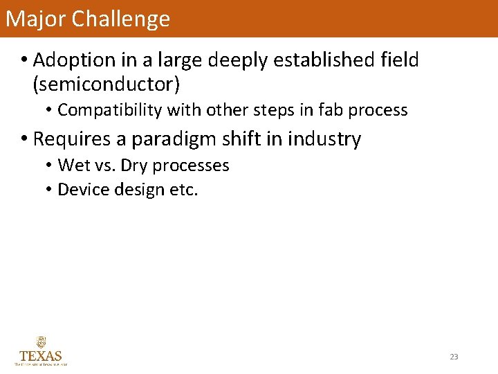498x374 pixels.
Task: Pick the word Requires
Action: pos(72,139)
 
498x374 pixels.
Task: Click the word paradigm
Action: pos(165,140)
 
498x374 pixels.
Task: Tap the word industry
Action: pos(324,139)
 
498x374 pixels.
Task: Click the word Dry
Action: pos(136,166)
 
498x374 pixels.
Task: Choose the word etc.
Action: pos(183,190)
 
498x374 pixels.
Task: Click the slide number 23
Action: pos(454,357)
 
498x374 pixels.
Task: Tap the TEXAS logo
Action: pos(41,351)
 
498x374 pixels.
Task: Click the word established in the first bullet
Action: pos(326,60)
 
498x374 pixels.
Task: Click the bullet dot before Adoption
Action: pos(24,61)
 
